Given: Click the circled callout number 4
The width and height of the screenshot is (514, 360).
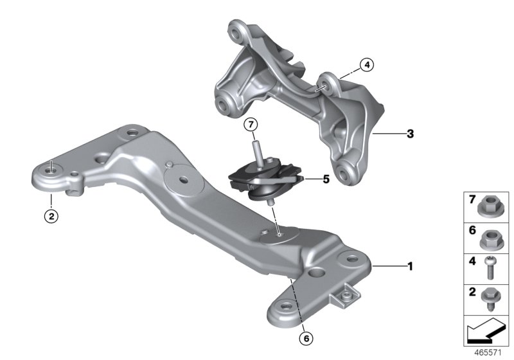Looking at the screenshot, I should click(366, 64).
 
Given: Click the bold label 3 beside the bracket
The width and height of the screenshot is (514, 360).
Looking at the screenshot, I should click(392, 134).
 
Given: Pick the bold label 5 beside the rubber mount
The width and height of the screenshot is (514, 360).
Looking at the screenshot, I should click(326, 181).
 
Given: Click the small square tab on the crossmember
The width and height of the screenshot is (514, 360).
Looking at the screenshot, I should click(344, 295).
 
